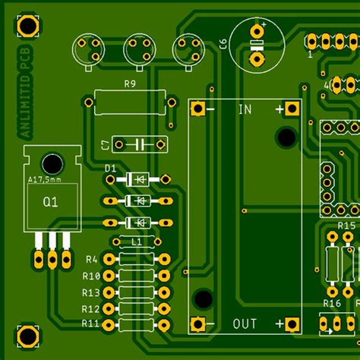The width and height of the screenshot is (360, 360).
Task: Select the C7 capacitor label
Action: (x=105, y=144)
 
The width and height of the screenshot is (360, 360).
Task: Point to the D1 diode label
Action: (x=110, y=167)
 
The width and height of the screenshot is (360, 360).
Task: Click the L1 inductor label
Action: (x=137, y=242)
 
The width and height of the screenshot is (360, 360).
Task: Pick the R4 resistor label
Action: (x=92, y=259)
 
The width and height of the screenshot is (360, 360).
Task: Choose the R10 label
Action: (x=91, y=276)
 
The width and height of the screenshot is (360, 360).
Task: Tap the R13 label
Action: (x=91, y=292)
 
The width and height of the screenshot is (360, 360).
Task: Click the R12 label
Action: (x=90, y=309)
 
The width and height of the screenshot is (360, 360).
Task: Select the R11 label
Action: (x=90, y=324)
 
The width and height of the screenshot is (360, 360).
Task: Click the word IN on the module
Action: (x=245, y=109)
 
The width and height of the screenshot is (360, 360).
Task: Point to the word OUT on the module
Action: (x=245, y=324)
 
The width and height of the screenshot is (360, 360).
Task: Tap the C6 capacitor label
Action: (x=223, y=45)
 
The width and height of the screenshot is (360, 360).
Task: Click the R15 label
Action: (x=346, y=226)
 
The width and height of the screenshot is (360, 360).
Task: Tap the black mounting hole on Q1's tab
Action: (x=52, y=163)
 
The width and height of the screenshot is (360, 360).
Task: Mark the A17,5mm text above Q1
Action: (x=44, y=179)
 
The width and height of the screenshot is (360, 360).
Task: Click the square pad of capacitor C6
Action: (x=257, y=57)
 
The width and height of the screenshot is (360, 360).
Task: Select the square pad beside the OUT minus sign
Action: (x=199, y=324)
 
